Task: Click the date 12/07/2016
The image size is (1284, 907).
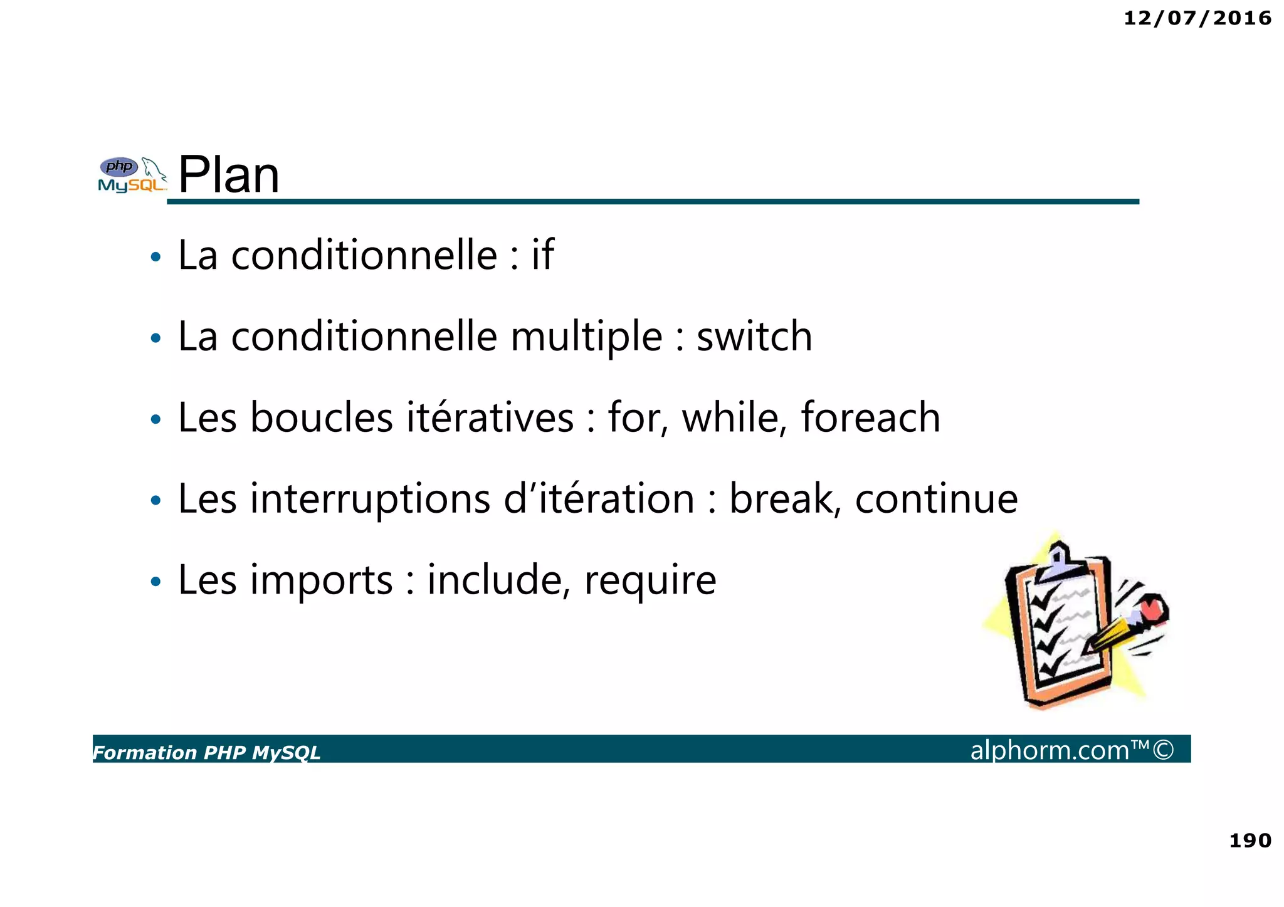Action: (1197, 18)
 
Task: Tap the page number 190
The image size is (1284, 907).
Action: (1250, 841)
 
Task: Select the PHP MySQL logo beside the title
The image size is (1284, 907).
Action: (132, 175)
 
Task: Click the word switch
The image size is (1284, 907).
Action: (754, 337)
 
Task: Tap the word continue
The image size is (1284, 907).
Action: (936, 499)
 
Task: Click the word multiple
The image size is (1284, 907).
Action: (586, 338)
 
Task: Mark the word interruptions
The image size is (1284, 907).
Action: (371, 500)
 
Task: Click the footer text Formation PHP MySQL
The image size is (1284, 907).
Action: (207, 752)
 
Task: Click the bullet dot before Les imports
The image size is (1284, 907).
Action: (156, 582)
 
